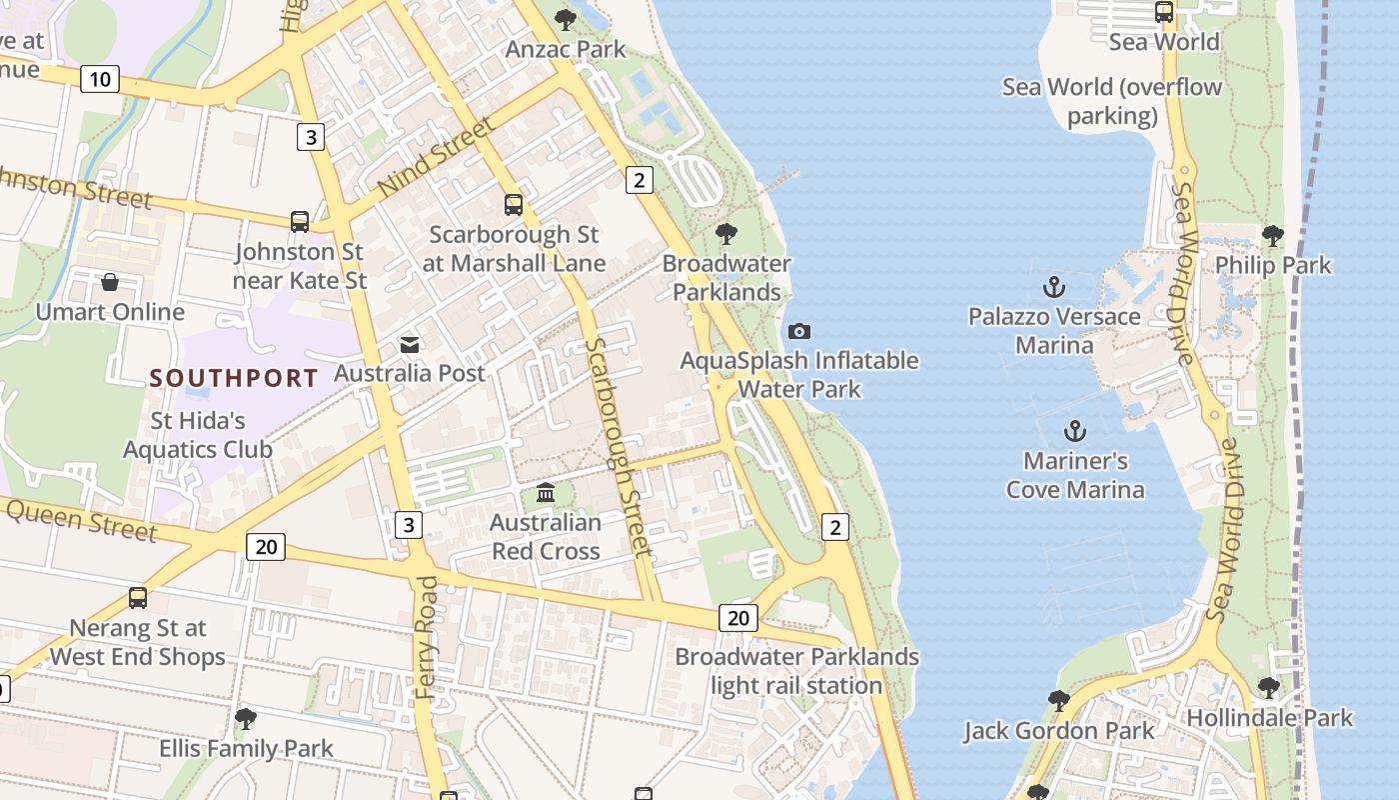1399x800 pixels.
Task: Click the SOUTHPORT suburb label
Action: click(x=234, y=378)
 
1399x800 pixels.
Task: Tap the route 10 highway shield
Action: click(x=100, y=79)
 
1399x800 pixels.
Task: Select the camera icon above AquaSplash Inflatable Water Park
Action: click(x=799, y=331)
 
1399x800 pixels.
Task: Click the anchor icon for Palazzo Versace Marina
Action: click(x=1054, y=288)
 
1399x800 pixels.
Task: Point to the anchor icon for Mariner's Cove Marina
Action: click(x=1075, y=432)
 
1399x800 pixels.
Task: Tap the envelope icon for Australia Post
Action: click(x=410, y=345)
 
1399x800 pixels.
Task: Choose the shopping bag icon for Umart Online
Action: click(x=110, y=283)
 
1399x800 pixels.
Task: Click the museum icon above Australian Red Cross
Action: click(x=546, y=493)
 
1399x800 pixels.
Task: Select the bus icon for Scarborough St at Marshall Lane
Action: click(x=514, y=205)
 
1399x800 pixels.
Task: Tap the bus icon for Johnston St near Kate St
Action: click(x=300, y=222)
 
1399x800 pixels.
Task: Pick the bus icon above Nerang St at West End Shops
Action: click(x=138, y=598)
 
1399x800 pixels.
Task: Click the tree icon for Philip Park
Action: click(x=1272, y=236)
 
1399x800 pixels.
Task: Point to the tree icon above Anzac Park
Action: click(x=566, y=19)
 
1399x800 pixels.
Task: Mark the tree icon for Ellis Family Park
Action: click(x=246, y=719)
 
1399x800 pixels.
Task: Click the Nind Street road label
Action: click(x=437, y=157)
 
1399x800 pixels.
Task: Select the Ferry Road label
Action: click(x=427, y=636)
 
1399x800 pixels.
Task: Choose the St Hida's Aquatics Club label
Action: click(x=198, y=435)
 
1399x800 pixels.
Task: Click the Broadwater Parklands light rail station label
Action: click(x=796, y=671)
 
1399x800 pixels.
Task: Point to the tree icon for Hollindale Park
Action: click(x=1268, y=688)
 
